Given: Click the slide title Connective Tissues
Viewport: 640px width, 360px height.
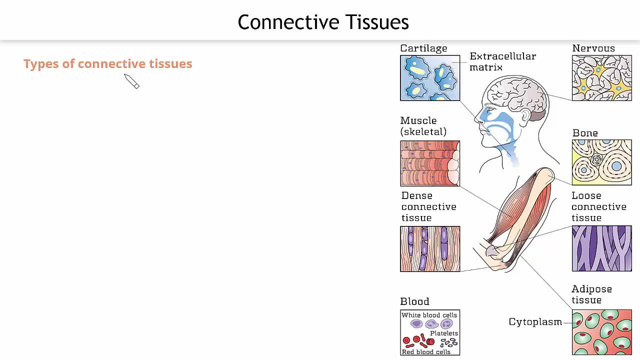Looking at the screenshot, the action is (323, 22).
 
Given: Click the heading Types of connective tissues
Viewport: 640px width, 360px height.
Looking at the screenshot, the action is (107, 63).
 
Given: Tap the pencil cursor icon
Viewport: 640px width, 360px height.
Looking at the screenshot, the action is (131, 81).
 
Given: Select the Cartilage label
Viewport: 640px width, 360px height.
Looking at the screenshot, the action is (423, 48).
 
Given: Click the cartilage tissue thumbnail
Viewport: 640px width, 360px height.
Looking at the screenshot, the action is (430, 78).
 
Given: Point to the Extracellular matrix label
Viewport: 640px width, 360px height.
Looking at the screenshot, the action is (502, 61).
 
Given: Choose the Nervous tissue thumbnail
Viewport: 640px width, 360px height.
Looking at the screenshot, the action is (601, 78).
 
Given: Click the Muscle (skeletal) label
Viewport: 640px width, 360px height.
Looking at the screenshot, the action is (423, 126).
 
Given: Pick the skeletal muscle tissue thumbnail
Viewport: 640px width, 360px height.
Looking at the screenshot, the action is (430, 163).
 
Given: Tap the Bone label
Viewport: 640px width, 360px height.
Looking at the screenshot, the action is (585, 133).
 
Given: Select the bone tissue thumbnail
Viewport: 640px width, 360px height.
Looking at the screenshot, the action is (601, 162).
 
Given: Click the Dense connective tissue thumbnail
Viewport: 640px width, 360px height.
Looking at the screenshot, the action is (430, 249).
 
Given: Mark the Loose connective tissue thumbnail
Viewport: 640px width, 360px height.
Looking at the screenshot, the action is (601, 248).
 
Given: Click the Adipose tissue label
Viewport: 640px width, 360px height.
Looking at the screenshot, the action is (591, 294).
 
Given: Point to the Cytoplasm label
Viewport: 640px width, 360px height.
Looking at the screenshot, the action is (535, 322).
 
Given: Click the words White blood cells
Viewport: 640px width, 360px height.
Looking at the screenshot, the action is (429, 315).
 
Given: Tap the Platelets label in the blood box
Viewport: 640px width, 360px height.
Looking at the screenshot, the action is (444, 333).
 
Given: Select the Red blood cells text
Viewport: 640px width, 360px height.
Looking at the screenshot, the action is (426, 352).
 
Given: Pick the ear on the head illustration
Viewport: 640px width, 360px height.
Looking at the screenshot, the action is (525, 116).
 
